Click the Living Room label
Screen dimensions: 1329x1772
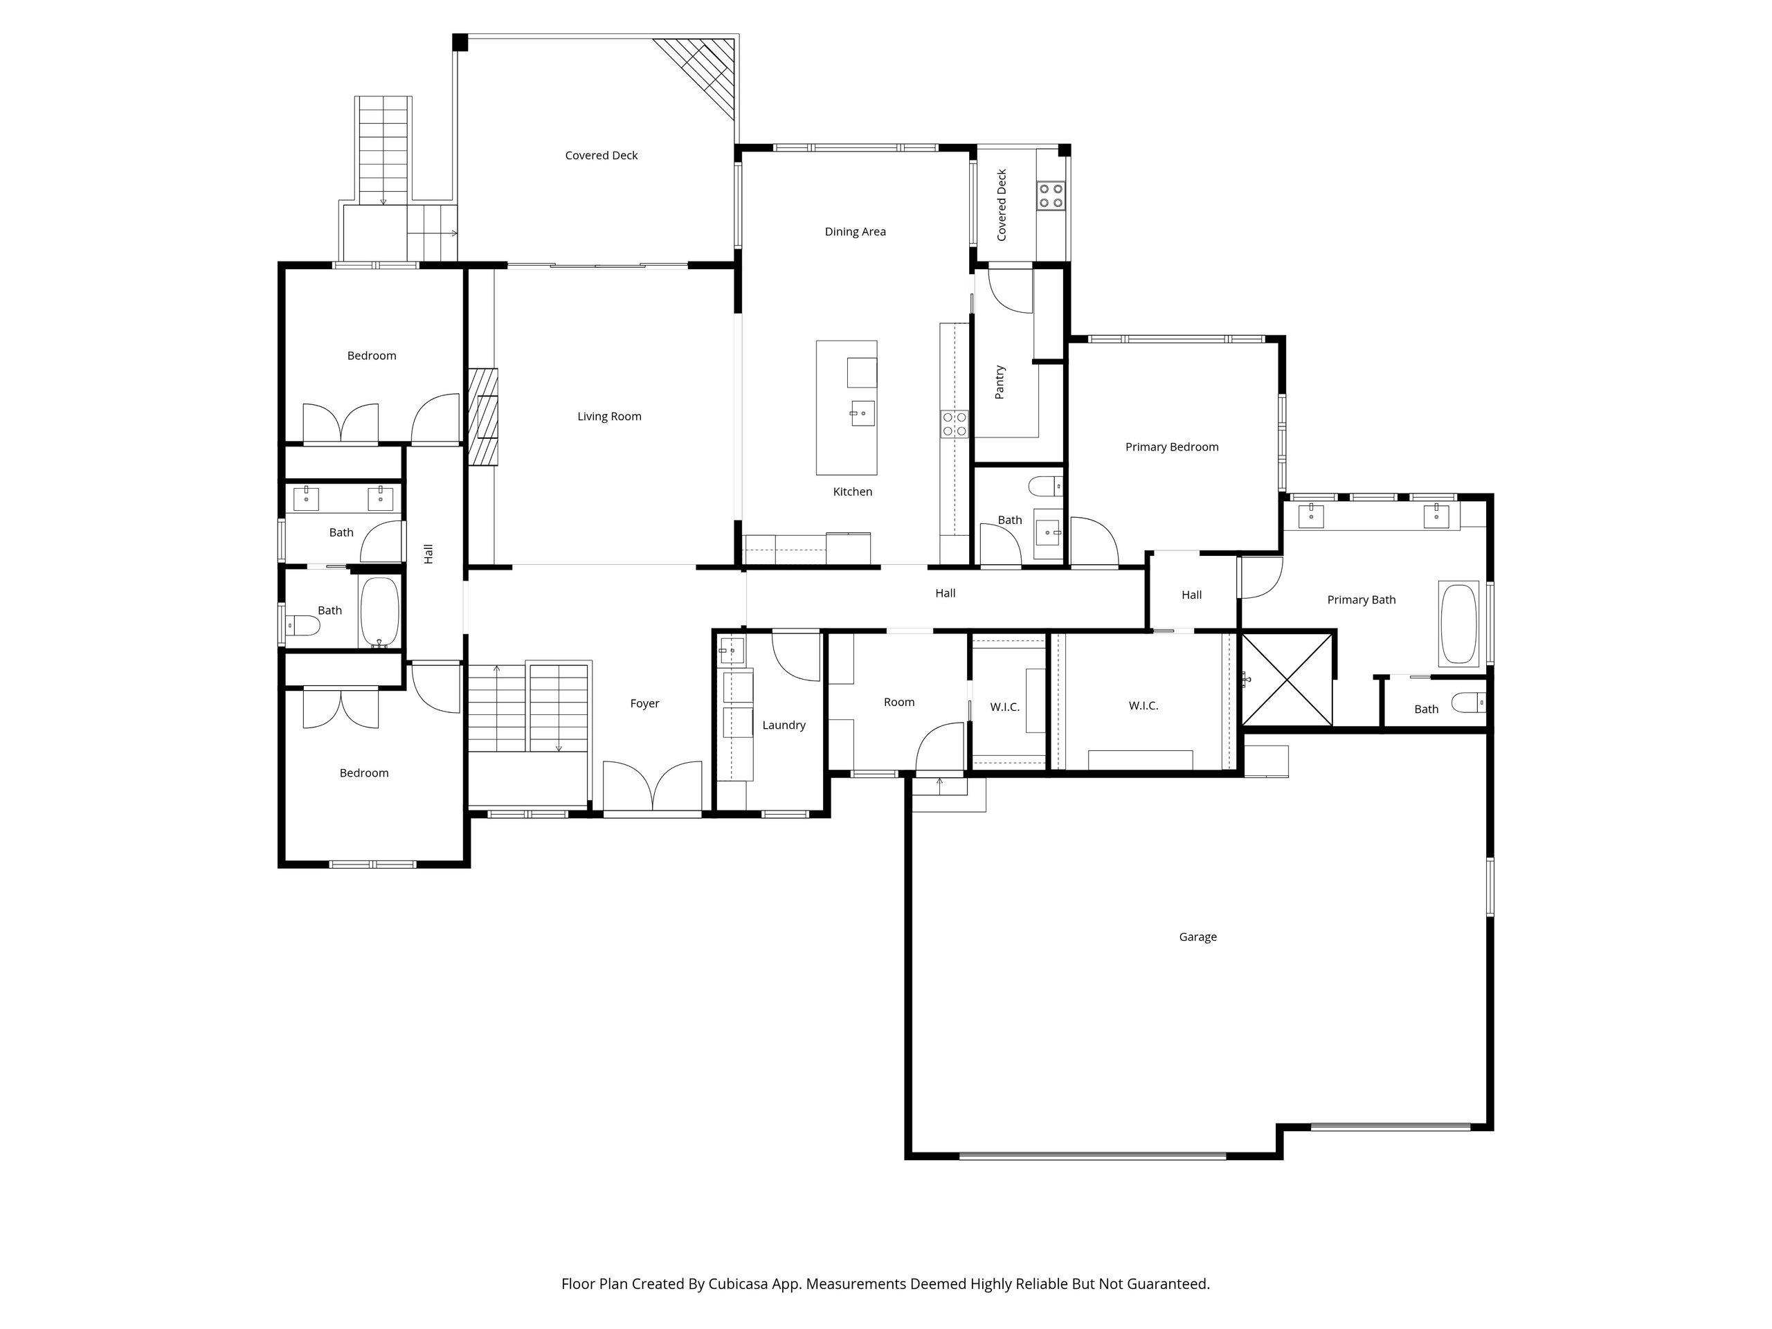[x=609, y=417]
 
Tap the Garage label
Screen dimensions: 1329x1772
[x=1197, y=937]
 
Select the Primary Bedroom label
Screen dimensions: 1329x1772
[x=1171, y=447]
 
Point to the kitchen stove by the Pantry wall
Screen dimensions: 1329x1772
[x=954, y=424]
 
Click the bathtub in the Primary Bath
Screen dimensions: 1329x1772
[x=1458, y=624]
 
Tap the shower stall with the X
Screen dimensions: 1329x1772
[x=1286, y=679]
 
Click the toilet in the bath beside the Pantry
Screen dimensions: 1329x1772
[x=1045, y=485]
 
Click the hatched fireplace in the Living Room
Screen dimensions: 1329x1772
[x=483, y=417]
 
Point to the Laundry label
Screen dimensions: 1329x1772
[x=784, y=725]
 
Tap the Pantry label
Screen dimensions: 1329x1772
[x=1000, y=382]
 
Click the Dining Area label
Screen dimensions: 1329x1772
[x=855, y=231]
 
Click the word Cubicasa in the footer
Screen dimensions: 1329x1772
[x=738, y=1283]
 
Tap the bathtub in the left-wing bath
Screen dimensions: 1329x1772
[x=379, y=612]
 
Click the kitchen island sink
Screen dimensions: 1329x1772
[x=862, y=413]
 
